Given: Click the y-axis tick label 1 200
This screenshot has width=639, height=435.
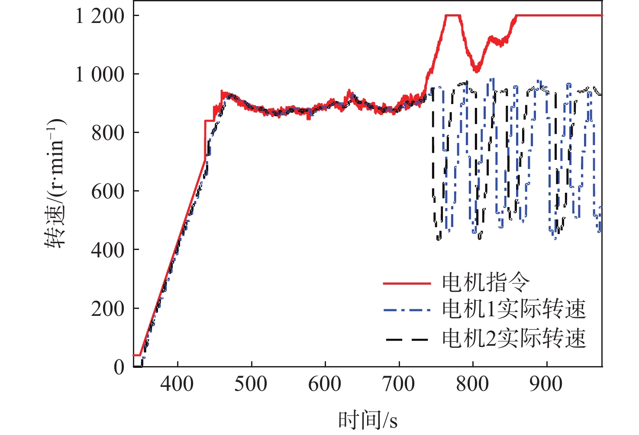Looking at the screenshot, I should tap(100, 16).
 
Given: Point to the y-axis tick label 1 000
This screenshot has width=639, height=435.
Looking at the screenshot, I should tap(100, 75).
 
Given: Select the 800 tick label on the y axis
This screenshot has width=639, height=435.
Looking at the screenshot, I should tap(108, 133).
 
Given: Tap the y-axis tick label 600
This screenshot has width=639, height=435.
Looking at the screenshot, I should tap(108, 192).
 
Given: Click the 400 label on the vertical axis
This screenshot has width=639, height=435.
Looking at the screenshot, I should tap(108, 250).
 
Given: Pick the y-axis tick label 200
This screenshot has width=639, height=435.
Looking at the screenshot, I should tap(108, 309).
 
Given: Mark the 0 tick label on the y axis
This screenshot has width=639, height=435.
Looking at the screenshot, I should tap(119, 367).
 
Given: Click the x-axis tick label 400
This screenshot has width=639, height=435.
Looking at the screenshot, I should tap(177, 384).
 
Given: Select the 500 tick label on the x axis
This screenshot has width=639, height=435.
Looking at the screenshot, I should tap(251, 384).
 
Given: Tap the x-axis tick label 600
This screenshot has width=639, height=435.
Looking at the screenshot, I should tap(325, 384).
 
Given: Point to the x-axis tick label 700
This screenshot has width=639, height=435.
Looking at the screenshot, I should tap(399, 384).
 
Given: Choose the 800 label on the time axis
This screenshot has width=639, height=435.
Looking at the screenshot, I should tap(472, 384).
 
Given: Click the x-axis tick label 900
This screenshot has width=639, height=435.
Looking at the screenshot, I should tap(546, 384).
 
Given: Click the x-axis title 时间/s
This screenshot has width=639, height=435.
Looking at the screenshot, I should tap(368, 420).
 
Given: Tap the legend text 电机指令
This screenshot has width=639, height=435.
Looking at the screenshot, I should tap(486, 282).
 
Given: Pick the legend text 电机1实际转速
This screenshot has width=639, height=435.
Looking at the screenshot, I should tap(514, 309).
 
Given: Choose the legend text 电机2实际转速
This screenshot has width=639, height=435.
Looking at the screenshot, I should tap(514, 338).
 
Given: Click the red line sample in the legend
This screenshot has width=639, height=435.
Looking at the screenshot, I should tap(407, 283).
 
